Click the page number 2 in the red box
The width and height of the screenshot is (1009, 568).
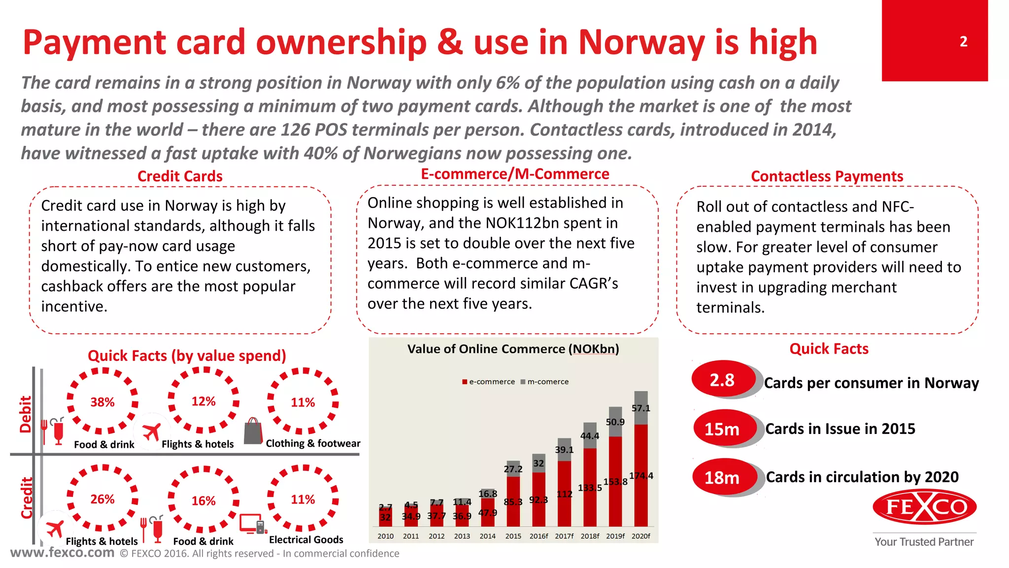(963, 41)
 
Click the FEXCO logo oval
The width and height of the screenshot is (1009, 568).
(924, 507)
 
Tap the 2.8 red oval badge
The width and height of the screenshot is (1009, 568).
(722, 380)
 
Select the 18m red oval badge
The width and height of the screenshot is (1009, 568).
(722, 477)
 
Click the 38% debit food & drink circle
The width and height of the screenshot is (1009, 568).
(102, 402)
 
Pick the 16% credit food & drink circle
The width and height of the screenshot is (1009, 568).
(203, 500)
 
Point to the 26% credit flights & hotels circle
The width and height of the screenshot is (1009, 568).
(102, 499)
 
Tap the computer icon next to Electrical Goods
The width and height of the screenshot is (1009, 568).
(252, 524)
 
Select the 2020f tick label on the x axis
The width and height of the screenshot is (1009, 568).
(640, 536)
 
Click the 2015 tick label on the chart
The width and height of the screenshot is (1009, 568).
(513, 536)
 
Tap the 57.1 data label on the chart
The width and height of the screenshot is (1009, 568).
(640, 408)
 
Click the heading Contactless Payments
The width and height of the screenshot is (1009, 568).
(827, 176)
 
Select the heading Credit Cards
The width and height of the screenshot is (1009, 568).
(180, 176)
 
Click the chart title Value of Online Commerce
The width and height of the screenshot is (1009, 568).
(513, 349)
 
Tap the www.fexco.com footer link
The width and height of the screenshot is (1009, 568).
(63, 552)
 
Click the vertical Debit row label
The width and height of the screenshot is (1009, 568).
(25, 414)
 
